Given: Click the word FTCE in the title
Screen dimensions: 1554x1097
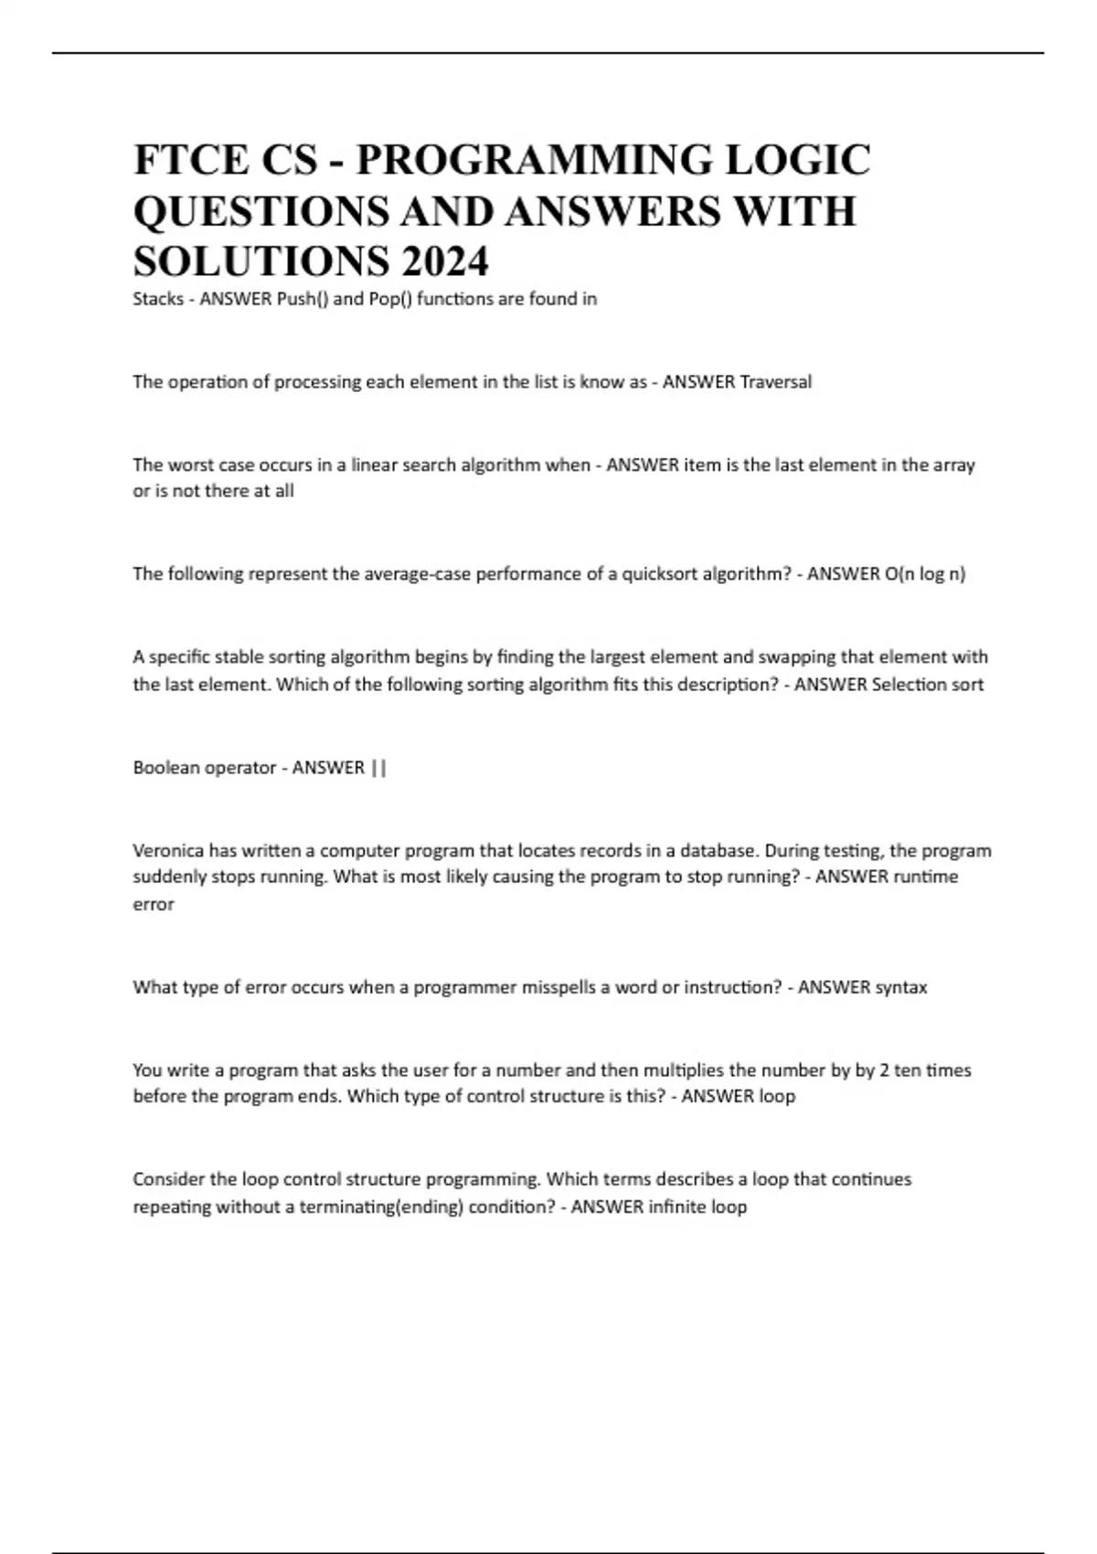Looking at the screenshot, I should (x=191, y=160).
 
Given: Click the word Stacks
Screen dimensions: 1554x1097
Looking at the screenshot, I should (x=158, y=299).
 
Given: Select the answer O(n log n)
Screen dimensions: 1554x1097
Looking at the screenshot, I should (x=925, y=574).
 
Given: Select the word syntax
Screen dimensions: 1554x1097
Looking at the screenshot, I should (x=900, y=987).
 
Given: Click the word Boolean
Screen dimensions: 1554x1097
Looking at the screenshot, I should (x=166, y=768).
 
